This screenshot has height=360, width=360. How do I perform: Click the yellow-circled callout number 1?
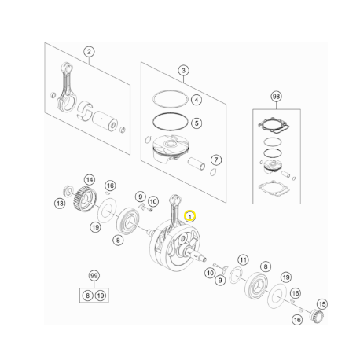coord(189,216)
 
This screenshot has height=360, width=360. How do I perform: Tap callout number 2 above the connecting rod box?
coord(89,52)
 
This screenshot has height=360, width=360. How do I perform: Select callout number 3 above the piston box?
coord(183,70)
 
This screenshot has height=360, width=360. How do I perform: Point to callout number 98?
coord(276,97)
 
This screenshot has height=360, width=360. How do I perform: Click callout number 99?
coord(94,275)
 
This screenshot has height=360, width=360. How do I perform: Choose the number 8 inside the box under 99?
coord(87,296)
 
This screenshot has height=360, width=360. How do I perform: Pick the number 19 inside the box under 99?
coord(101,296)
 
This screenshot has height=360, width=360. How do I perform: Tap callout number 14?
coord(90,180)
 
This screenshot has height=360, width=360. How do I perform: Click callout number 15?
coord(322,304)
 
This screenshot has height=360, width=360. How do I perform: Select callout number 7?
coord(216,160)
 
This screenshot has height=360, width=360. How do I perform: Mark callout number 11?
coord(243,260)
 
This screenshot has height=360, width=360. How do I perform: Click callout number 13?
coord(60,204)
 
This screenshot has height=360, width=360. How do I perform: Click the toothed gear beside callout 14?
coord(84,199)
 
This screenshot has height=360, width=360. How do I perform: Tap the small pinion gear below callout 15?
coord(317,315)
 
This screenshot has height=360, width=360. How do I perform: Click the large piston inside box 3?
coord(171,149)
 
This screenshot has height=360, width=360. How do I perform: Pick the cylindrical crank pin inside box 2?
coord(105,120)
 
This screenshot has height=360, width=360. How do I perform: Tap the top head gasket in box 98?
coord(274,125)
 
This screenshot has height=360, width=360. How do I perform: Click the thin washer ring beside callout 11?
coord(236,275)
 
